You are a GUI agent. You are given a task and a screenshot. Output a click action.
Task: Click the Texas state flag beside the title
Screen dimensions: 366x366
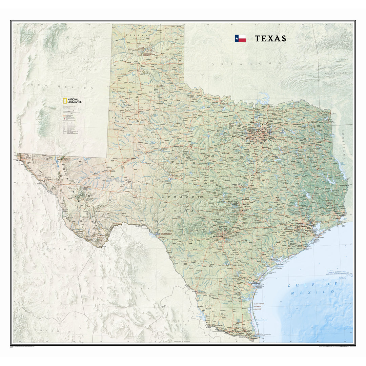pyautogui.click(x=240, y=38)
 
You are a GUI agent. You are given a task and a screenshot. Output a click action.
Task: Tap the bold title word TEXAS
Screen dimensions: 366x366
pyautogui.click(x=270, y=39)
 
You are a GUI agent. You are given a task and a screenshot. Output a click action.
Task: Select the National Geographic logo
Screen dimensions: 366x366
pyautogui.click(x=72, y=101)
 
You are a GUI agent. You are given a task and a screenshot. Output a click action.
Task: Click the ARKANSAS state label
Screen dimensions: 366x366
pyautogui.click(x=335, y=73)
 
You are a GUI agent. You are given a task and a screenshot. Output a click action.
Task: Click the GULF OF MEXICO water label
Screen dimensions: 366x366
pyautogui.click(x=310, y=288)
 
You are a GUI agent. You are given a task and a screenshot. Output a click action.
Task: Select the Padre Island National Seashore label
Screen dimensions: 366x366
pyautogui.click(x=260, y=306)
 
